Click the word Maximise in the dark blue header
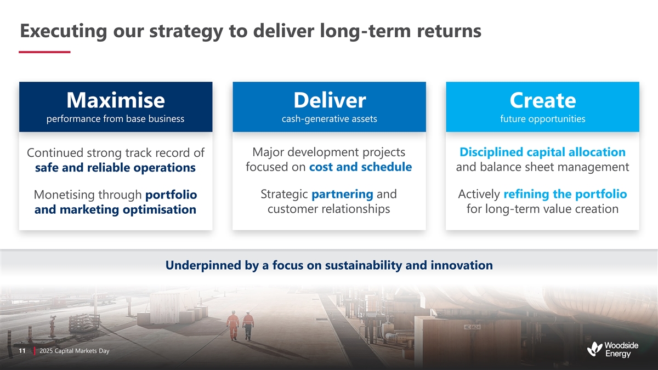(116, 100)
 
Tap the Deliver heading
(330, 100)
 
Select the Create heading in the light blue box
(542, 100)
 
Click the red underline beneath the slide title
(44, 52)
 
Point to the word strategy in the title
(186, 31)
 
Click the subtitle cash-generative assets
(330, 118)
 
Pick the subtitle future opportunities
(542, 118)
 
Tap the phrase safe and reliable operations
(115, 168)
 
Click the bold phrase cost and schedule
(360, 167)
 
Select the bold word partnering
(342, 195)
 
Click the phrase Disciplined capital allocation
(542, 152)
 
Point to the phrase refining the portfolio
(565, 194)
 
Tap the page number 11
(22, 351)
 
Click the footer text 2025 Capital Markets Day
(75, 351)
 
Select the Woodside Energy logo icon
(594, 349)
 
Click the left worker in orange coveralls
(233, 325)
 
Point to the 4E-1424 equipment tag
(472, 327)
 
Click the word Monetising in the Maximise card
(64, 195)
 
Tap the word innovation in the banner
(462, 265)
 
